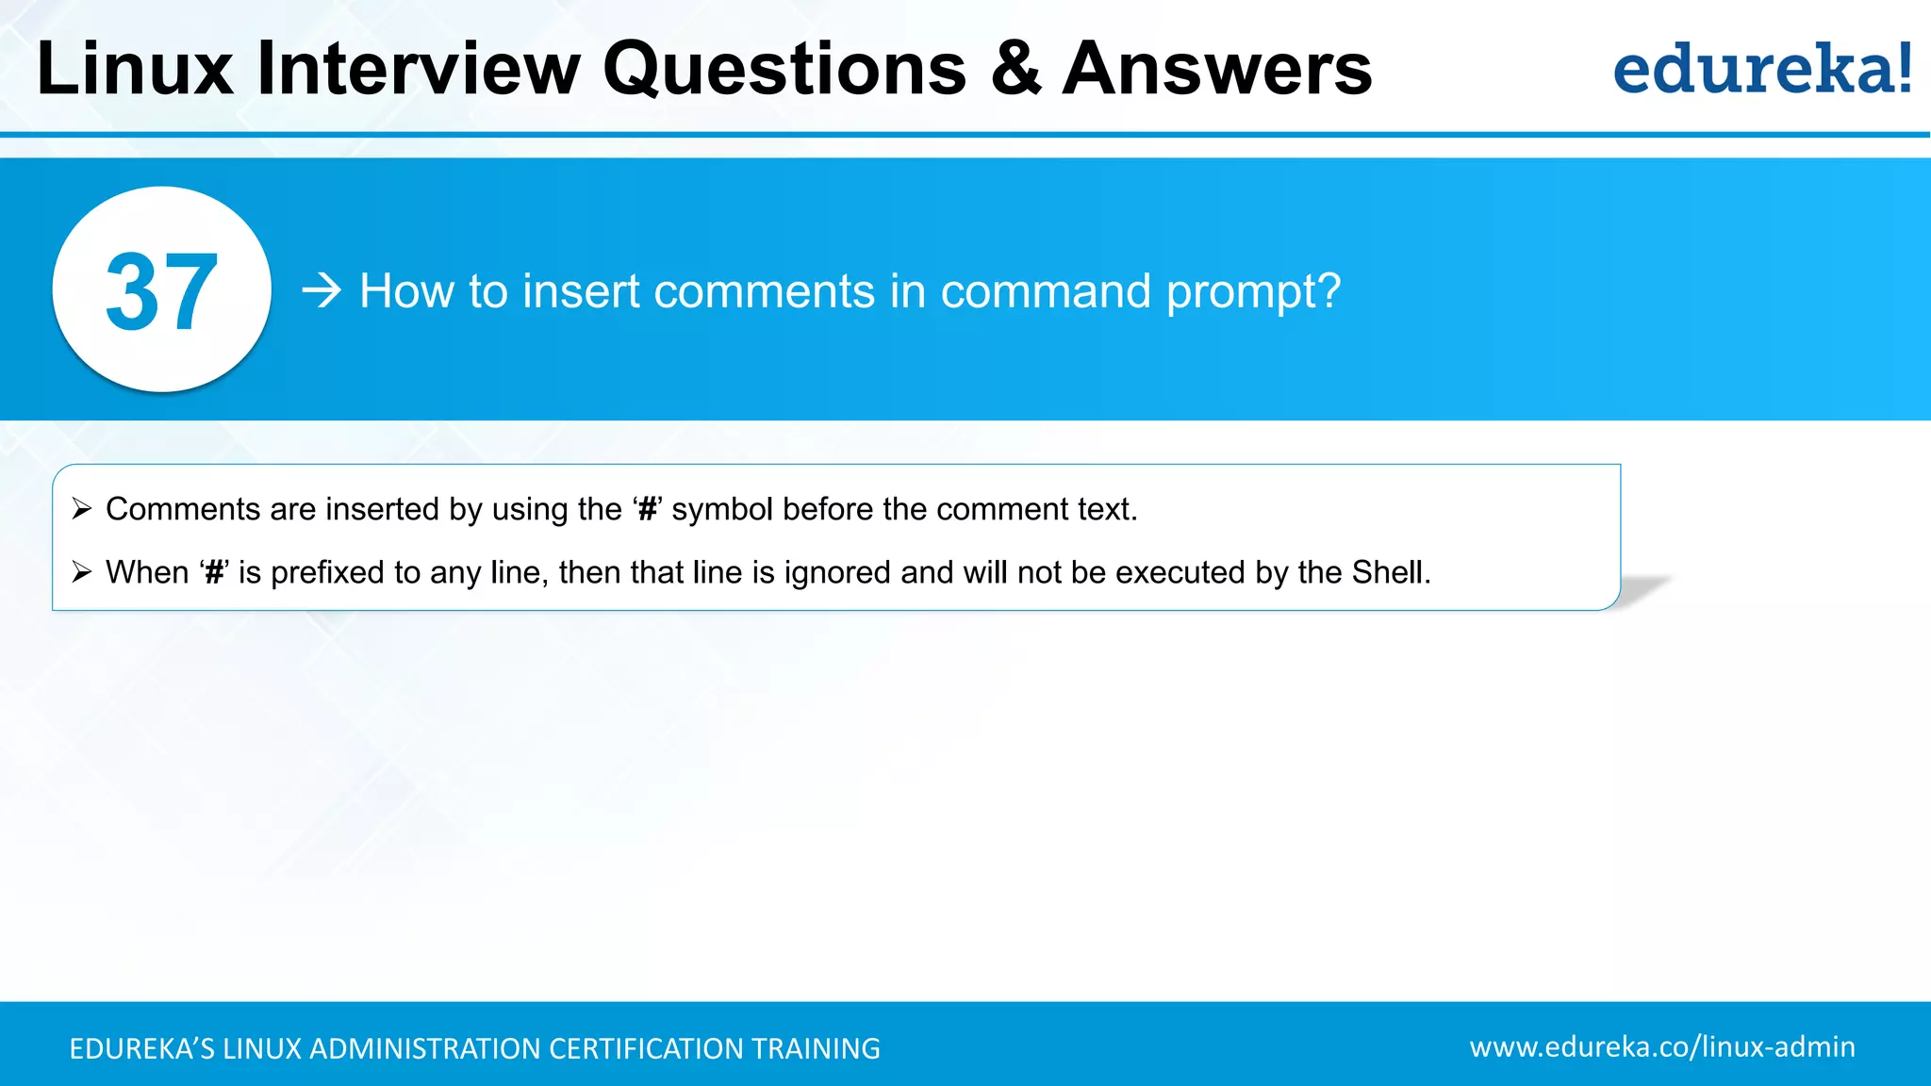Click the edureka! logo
tap(1761, 70)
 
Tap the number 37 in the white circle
tap(162, 292)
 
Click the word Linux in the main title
tap(135, 70)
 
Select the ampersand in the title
tap(1015, 70)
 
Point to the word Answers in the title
tap(1217, 70)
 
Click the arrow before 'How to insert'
tap(322, 290)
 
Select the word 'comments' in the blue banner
tap(765, 290)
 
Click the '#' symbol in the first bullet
tap(648, 510)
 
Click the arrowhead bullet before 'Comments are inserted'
tap(82, 509)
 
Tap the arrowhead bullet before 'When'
tap(82, 572)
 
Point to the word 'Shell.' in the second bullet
tap(1391, 572)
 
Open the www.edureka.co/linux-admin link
tap(1662, 1046)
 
